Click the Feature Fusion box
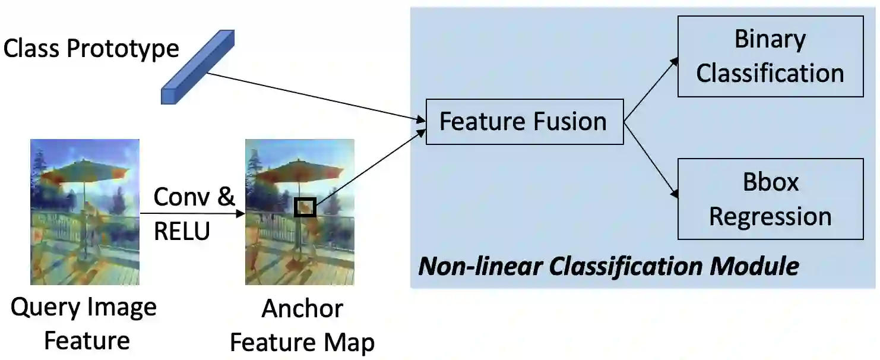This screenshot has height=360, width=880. tap(524, 122)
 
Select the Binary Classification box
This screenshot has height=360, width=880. tap(770, 56)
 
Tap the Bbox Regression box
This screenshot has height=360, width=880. tap(770, 199)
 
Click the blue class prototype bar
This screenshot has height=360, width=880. tap(198, 67)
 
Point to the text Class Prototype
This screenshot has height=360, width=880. tap(91, 48)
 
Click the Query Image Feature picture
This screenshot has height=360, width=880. tap(85, 212)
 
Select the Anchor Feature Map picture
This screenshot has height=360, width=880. tap(299, 212)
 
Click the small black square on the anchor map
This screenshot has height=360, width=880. tap(305, 207)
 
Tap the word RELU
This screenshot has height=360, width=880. tap(182, 230)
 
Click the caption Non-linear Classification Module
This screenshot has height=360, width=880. tap(609, 266)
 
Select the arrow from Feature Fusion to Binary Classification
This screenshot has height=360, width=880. tap(651, 89)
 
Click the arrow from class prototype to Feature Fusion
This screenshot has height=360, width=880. tap(315, 97)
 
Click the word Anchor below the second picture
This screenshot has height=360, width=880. tap(302, 309)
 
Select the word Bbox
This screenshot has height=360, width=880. tap(770, 182)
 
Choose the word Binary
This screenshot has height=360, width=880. tap(770, 39)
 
